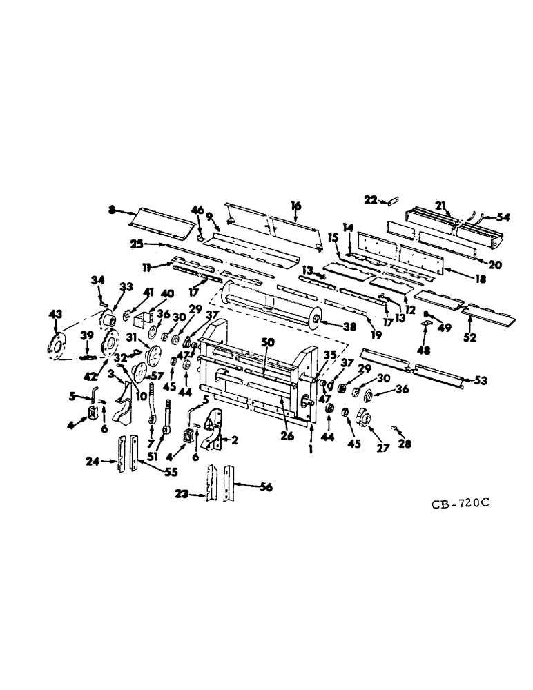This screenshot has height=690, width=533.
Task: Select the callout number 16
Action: [295, 206]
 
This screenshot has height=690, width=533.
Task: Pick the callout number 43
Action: [54, 314]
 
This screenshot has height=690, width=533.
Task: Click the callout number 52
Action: [471, 339]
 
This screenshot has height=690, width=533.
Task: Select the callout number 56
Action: [265, 487]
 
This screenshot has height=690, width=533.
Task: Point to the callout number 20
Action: [496, 264]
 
